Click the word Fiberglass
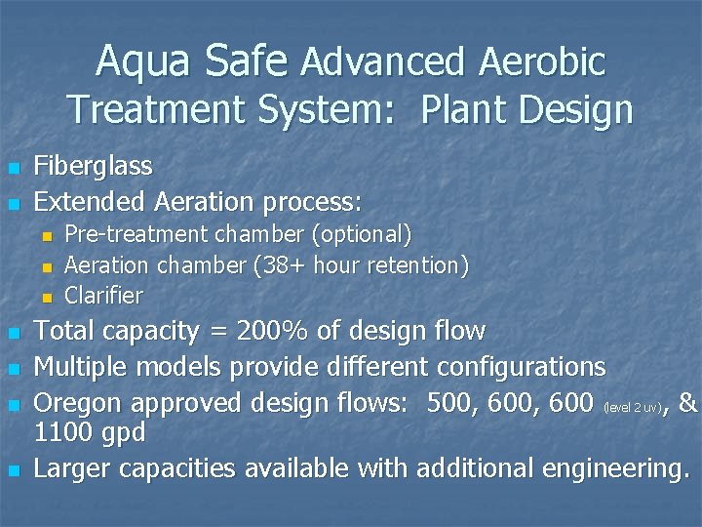click(x=94, y=166)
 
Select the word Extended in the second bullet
click(x=89, y=202)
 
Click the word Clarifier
click(x=103, y=295)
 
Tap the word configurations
click(x=522, y=367)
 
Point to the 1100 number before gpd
click(x=64, y=433)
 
